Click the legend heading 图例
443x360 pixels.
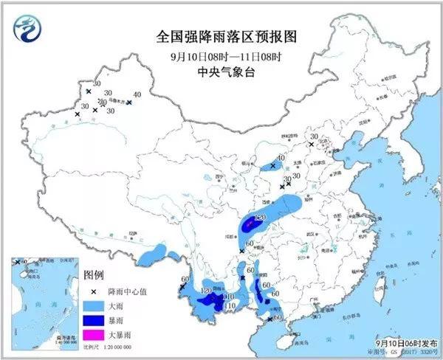94,275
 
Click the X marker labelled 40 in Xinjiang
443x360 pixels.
128,103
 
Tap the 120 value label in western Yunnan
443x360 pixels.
205,291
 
